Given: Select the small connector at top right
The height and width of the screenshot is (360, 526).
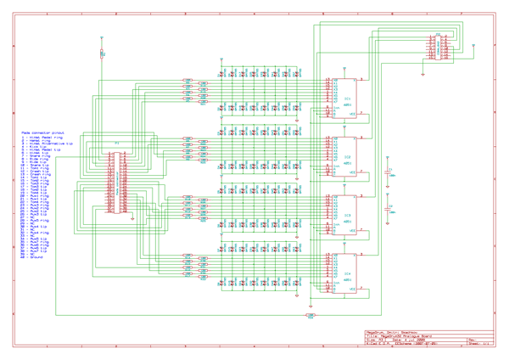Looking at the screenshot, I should (441, 47).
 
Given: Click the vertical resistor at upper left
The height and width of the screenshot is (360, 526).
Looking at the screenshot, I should (102, 53).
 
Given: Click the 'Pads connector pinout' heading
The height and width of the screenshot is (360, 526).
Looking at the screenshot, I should (42, 133).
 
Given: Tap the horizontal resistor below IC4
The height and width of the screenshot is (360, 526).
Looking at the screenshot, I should (311, 315).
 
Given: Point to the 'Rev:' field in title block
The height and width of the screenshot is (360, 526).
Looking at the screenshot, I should (472, 340).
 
